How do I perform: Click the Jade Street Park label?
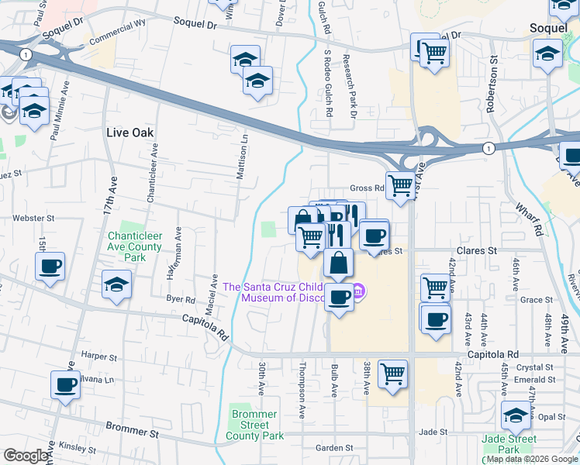click(x=509, y=444)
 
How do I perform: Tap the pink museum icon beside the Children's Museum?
click(x=358, y=292)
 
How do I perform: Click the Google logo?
click(x=26, y=456)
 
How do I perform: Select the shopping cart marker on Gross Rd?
click(x=399, y=185)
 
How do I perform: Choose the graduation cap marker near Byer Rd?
click(x=116, y=284)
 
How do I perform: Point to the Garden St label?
click(x=334, y=448)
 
